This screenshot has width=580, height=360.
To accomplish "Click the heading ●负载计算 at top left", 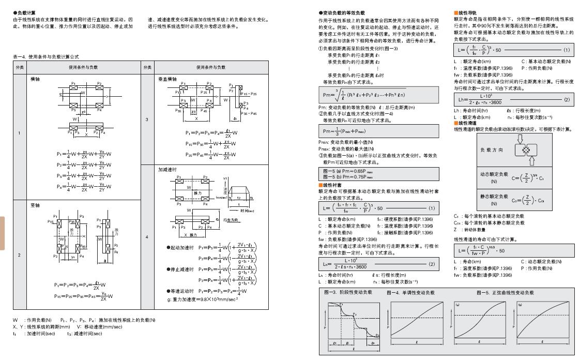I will tap(24, 12).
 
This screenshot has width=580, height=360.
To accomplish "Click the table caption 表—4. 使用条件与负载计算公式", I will tap(46, 56).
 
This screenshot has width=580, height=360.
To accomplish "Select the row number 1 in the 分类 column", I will tap(20, 133).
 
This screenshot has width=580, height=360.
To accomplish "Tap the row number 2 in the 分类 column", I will tap(20, 254).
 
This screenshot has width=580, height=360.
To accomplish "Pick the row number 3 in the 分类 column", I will tap(147, 119).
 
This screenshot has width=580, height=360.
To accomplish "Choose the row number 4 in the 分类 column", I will tap(147, 237).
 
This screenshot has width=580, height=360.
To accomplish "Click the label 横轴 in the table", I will tap(35, 80).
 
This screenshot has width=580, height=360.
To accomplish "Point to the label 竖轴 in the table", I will tap(35, 205).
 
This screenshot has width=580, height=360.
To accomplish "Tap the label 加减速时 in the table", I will tap(167, 169).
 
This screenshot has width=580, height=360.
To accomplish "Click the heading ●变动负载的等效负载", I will tap(342, 12).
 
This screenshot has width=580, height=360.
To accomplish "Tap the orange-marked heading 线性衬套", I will tap(331, 185).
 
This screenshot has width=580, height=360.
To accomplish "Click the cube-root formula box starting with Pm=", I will tap(379, 94).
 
